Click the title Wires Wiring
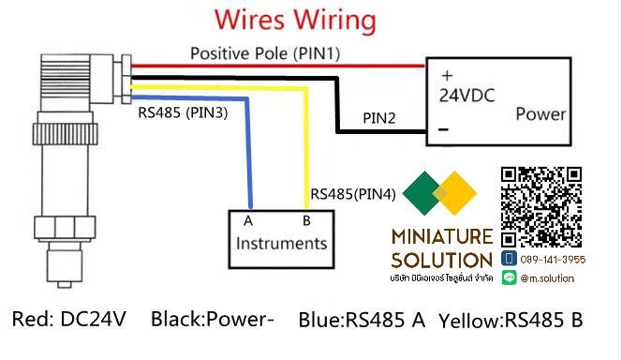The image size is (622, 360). [297, 21]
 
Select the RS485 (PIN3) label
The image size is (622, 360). [183, 112]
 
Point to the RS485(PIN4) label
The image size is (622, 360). [353, 195]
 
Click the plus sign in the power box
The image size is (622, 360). [446, 75]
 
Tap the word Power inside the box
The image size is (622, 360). [541, 114]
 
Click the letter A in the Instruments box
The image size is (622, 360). [249, 222]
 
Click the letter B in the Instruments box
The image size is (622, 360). [305, 222]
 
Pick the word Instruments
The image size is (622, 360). [282, 244]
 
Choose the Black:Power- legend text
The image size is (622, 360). [212, 320]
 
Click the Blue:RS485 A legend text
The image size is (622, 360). [362, 320]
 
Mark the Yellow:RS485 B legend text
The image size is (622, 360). [511, 320]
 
